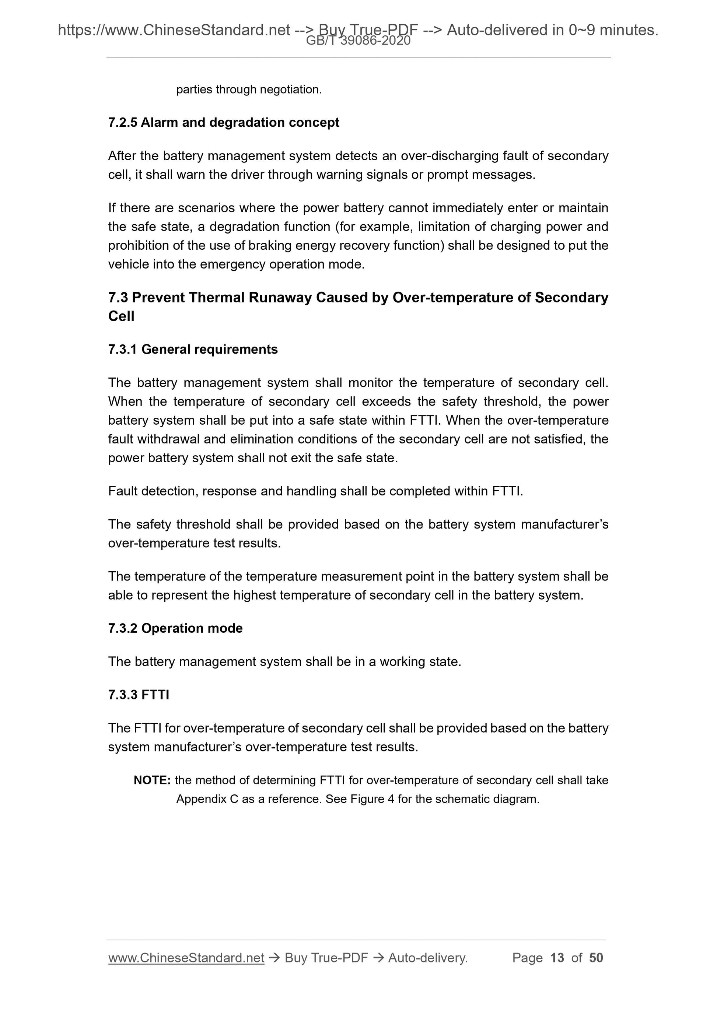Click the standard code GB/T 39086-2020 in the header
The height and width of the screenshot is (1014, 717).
tap(358, 41)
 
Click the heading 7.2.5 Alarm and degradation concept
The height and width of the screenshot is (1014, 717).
tap(224, 122)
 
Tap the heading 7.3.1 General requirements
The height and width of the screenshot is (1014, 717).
tap(193, 349)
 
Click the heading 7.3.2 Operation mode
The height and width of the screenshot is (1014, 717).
tap(175, 628)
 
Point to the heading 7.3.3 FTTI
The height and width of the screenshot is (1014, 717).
tap(138, 695)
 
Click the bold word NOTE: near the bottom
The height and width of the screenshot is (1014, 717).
tap(152, 780)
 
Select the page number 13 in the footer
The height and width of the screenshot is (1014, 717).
tap(557, 958)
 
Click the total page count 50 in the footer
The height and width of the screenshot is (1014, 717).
tap(596, 958)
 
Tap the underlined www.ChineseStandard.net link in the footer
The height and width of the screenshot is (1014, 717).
tap(186, 958)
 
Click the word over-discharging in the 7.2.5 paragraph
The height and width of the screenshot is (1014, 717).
tap(450, 156)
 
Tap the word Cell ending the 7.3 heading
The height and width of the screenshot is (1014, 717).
tap(121, 317)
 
